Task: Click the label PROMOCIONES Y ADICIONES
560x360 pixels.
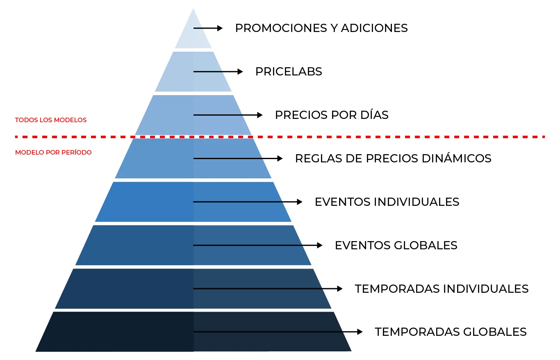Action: coord(321,28)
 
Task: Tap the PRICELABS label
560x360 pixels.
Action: coord(289,72)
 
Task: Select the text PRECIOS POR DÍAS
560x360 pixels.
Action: coord(332,115)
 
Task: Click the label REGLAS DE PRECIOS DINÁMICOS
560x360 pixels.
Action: coord(393,159)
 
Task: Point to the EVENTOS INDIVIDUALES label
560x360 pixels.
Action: coord(387,202)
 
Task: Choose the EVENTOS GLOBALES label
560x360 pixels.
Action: coord(396,246)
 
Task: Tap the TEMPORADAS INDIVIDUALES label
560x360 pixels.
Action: coord(442,289)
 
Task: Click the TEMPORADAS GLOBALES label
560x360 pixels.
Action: coord(451,332)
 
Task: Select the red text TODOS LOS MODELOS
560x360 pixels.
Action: coord(51,120)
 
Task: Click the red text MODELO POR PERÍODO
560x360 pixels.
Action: coord(53,153)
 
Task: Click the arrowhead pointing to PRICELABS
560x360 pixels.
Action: coord(241,72)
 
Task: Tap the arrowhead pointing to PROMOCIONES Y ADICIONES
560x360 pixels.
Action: coord(220,28)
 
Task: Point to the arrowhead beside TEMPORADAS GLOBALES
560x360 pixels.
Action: coord(360,332)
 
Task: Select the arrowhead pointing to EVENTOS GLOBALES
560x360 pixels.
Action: coord(320,246)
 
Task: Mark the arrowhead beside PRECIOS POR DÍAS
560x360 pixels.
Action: coord(260,115)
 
